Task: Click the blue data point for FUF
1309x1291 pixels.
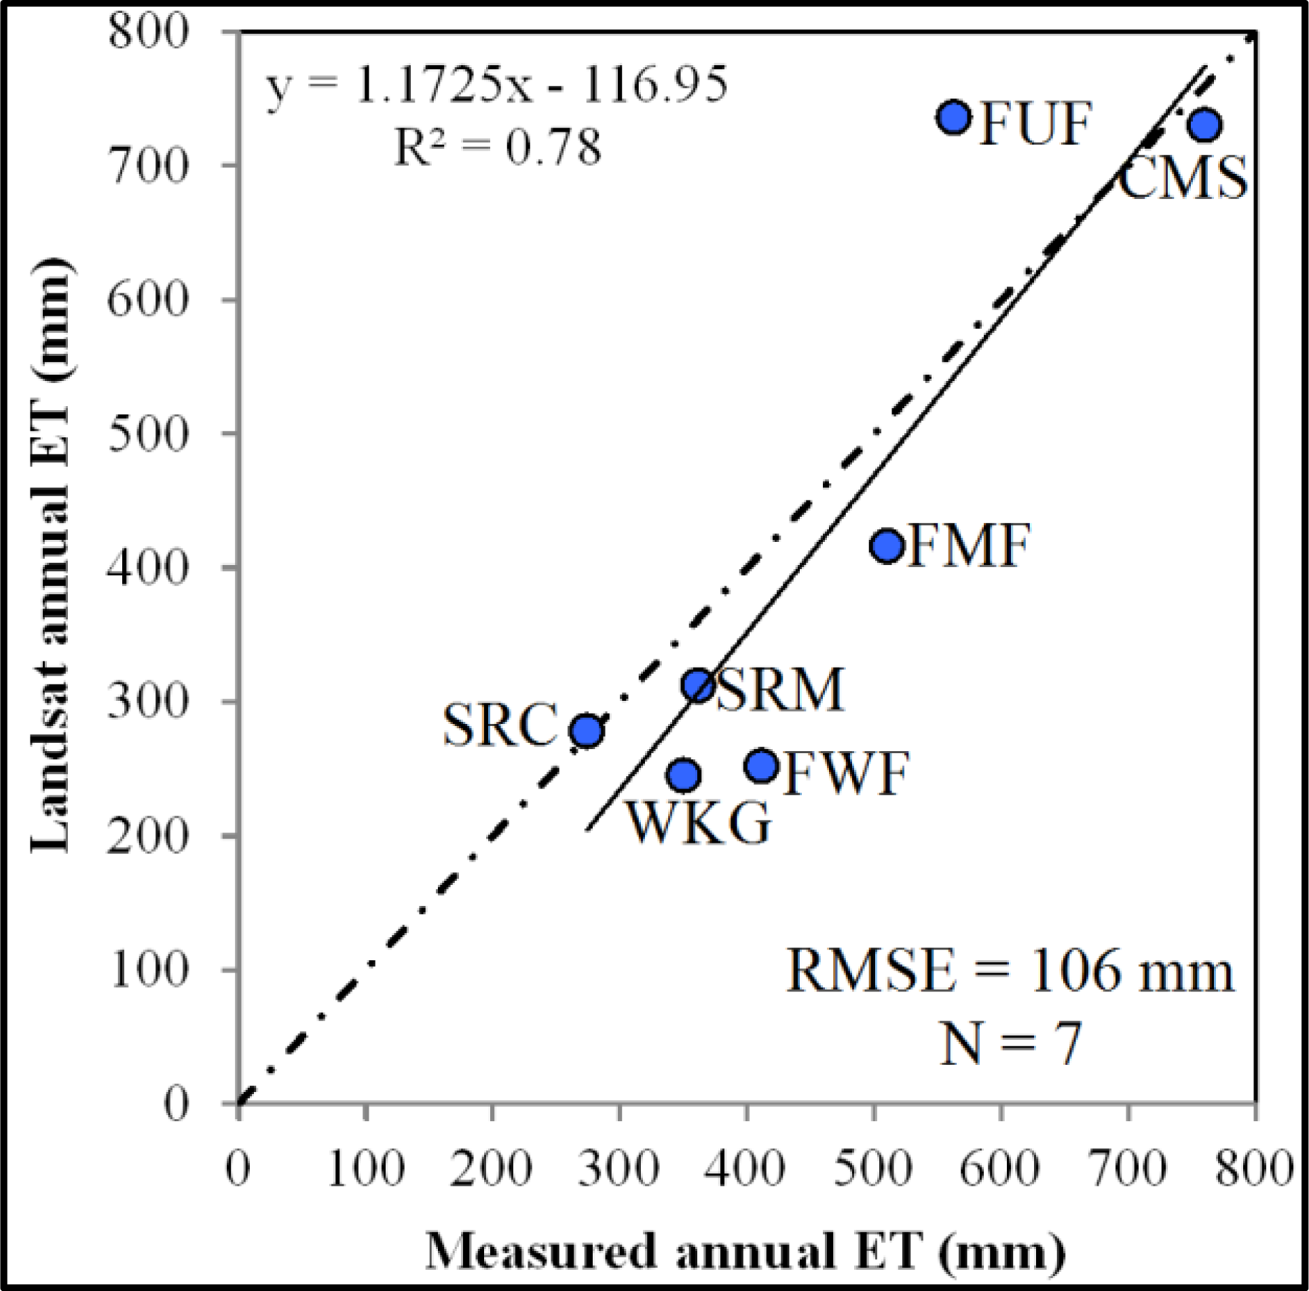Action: (x=954, y=117)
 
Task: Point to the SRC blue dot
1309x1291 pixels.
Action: (x=587, y=731)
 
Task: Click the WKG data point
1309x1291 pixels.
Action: (x=684, y=775)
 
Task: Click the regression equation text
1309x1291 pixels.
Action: (x=496, y=87)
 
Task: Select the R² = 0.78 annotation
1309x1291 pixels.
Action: (x=497, y=147)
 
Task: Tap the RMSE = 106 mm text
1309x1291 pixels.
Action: (x=1010, y=972)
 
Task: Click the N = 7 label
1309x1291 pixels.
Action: (x=1010, y=1044)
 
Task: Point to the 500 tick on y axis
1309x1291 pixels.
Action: (x=147, y=433)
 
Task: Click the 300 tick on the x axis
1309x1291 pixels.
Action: (x=619, y=1169)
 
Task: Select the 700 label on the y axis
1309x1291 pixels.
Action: (x=147, y=165)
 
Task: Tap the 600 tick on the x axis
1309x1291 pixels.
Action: (x=1001, y=1169)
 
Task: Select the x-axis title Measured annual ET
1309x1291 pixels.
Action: (x=745, y=1251)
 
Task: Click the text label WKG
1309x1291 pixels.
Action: (x=700, y=823)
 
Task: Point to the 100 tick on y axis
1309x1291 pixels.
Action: (x=147, y=970)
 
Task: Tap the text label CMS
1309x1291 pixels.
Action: (x=1182, y=178)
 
